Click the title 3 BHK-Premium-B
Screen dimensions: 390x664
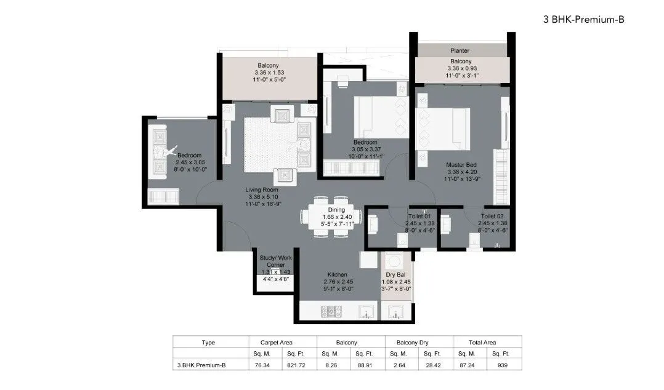584,19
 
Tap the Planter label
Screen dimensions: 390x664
460,50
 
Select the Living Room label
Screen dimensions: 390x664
262,190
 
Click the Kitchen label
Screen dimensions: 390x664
337,274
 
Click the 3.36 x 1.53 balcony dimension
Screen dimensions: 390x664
268,73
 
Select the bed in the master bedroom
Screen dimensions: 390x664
444,129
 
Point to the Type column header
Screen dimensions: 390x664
208,342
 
